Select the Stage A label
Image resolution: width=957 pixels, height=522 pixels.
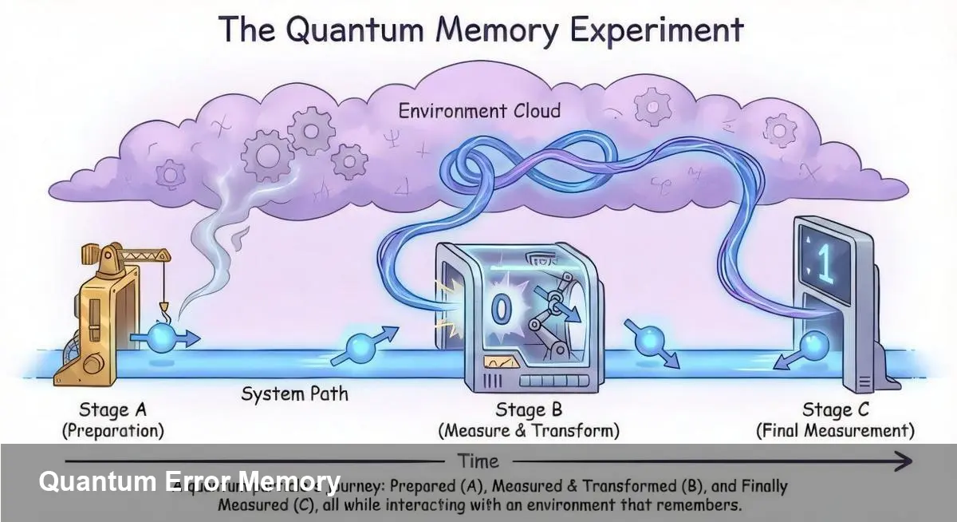pos(113,410)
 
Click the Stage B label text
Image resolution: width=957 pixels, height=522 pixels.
pos(529,410)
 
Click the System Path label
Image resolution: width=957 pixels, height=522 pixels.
pos(294,393)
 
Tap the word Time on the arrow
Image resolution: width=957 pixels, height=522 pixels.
pos(478,461)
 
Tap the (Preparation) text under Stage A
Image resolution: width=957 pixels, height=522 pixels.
pos(113,431)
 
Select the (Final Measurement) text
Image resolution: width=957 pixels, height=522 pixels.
pos(834,431)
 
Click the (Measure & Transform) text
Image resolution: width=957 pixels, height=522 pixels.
pos(529,431)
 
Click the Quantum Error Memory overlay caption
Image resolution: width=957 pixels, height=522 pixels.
pos(189,481)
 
